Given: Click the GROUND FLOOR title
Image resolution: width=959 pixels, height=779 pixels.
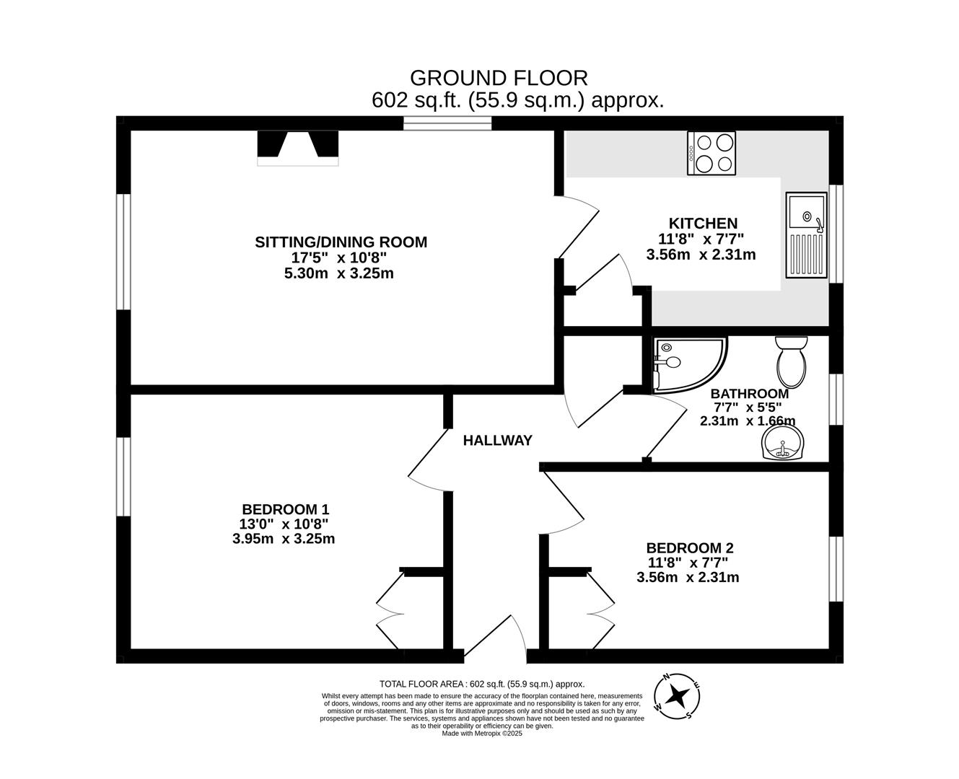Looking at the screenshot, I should (x=499, y=77).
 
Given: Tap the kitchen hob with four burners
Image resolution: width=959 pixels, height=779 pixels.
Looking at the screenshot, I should (x=711, y=153).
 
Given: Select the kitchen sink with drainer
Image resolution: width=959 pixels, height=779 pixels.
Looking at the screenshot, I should (x=805, y=235).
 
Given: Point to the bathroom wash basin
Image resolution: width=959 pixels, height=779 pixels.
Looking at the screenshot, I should (x=783, y=442).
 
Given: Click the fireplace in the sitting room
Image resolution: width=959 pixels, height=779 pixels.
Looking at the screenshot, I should (x=297, y=147).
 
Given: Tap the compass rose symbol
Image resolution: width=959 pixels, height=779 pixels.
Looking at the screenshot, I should (x=677, y=697).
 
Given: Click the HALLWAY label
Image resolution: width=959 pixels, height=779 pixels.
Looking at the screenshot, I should (x=497, y=440).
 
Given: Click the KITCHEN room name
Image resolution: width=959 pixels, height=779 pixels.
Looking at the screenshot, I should (x=703, y=224).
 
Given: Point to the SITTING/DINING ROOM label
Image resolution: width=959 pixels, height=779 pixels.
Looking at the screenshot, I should (x=341, y=242).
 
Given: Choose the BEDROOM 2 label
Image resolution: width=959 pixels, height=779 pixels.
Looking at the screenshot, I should (x=690, y=548).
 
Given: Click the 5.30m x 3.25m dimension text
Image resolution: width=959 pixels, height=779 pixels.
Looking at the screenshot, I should (x=339, y=273).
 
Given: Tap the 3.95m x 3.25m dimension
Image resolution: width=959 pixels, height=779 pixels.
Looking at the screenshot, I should (x=284, y=539).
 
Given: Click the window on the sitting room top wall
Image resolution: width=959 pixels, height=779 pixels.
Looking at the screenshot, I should (x=447, y=123).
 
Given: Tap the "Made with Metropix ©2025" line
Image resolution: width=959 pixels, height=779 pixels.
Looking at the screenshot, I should (x=481, y=734).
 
